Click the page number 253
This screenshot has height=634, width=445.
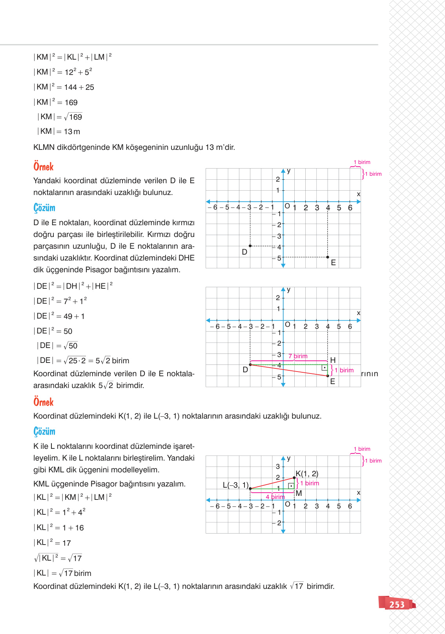pos(397,605)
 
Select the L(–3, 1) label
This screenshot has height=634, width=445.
pos(235,485)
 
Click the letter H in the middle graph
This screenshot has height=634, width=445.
pos(333,360)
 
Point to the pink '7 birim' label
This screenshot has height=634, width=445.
pos(298,356)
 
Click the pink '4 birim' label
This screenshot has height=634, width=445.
pos(275,497)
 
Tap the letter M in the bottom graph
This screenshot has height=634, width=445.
pos(299,494)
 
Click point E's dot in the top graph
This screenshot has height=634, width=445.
pos(328,257)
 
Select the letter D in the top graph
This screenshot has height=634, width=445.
pos(244,252)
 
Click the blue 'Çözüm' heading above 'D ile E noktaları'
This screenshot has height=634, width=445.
pos(44,208)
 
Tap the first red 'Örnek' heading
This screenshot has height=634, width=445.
pos(44,167)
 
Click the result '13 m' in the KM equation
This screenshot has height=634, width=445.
pos(72,132)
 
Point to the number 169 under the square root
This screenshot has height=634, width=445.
pos(75,117)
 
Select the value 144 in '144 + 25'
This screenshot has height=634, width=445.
pos(71,87)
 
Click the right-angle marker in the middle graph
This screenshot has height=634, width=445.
pos(324,368)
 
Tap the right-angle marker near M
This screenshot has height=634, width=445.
pos(291,486)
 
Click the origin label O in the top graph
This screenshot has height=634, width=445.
pos(287,206)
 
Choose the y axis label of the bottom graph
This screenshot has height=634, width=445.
pos(289,458)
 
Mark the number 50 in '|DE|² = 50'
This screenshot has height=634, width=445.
pos(68,332)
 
